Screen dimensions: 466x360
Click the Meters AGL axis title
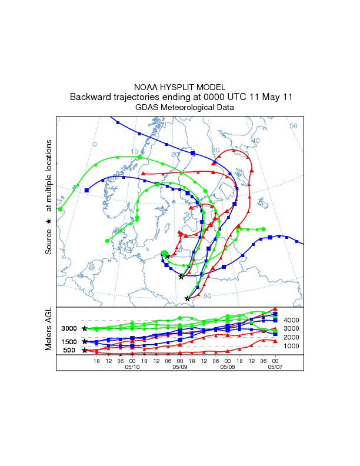pyautogui.click(x=49, y=331)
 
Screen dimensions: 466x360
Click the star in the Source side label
pyautogui.click(x=49, y=221)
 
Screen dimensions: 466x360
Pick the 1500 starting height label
pyautogui.click(x=69, y=342)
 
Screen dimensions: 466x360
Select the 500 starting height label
pyautogui.click(x=69, y=351)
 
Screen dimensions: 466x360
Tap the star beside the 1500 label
pyautogui.click(x=85, y=341)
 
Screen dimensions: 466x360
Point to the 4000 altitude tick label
pyautogui.click(x=292, y=320)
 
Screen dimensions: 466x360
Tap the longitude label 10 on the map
pyautogui.click(x=134, y=152)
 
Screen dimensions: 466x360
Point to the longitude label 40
pyautogui.click(x=255, y=141)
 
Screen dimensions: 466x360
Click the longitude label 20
pyautogui.click(x=175, y=154)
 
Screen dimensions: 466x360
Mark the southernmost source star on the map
pyautogui.click(x=188, y=298)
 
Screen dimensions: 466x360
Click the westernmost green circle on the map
pyautogui.click(x=60, y=209)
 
